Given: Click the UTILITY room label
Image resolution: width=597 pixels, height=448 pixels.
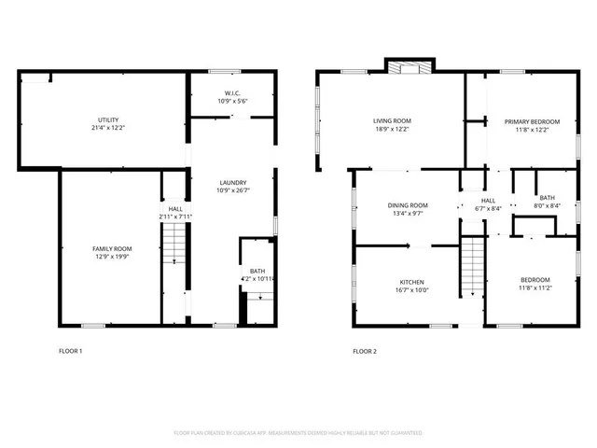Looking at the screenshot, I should click(108, 120).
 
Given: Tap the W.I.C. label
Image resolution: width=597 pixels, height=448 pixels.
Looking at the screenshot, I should click(231, 92).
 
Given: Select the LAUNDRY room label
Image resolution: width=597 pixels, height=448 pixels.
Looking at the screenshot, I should click(232, 183).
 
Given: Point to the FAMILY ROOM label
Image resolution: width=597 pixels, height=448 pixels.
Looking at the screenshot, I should click(111, 248).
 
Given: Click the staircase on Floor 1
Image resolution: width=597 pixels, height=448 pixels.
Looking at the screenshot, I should click(175, 246).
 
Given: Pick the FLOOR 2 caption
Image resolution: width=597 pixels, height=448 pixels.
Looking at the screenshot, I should click(365, 351).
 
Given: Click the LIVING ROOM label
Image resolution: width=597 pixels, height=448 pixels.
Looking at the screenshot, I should click(392, 120).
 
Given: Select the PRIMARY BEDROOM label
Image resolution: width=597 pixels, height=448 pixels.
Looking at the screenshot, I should click(532, 121).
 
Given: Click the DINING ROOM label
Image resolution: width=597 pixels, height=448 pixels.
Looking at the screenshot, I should click(408, 205).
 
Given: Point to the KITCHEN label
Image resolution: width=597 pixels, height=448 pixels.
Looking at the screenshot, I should click(412, 282).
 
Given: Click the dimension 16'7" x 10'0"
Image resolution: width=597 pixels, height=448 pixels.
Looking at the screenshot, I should click(412, 290).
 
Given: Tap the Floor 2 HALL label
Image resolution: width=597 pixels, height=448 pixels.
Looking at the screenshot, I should click(488, 200).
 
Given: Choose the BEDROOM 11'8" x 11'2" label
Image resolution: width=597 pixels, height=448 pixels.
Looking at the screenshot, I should click(535, 279).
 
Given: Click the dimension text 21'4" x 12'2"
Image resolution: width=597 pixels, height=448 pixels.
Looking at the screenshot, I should click(108, 128).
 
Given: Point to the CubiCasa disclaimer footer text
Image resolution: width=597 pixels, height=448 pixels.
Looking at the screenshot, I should click(298, 433).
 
